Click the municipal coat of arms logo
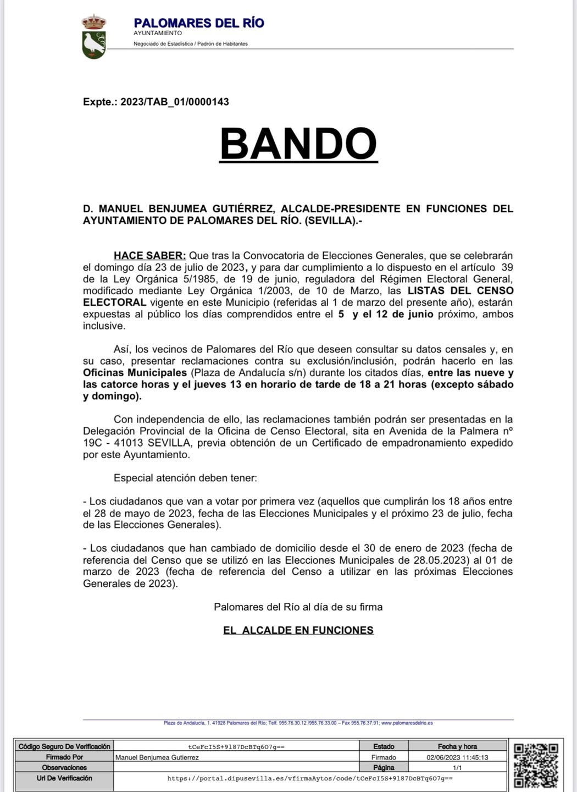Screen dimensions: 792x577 (94, 37)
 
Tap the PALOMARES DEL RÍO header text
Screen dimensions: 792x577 (199, 23)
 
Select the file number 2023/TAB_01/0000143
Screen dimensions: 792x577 (175, 102)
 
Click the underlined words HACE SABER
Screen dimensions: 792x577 (149, 256)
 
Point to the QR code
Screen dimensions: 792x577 (536, 766)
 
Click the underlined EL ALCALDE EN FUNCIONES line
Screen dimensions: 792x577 (298, 630)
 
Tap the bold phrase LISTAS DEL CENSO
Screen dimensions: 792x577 (461, 290)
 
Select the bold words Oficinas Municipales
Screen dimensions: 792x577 (135, 373)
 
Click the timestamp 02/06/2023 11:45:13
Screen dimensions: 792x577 (458, 757)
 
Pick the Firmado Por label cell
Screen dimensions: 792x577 (64, 757)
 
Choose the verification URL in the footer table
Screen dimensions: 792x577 (310, 779)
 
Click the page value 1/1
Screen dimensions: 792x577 (457, 767)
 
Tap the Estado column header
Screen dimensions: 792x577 (384, 746)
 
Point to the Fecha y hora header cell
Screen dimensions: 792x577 (457, 746)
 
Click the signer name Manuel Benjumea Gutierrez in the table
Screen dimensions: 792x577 (157, 757)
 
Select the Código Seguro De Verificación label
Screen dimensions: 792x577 (64, 746)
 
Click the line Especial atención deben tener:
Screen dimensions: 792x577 (185, 478)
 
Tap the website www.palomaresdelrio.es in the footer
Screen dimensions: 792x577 (407, 723)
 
